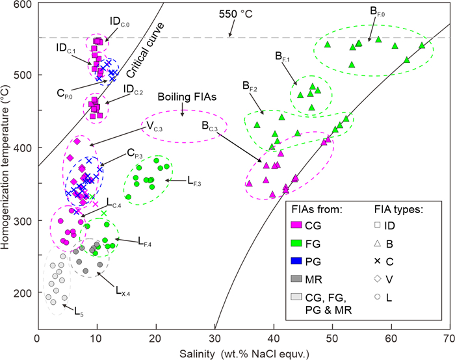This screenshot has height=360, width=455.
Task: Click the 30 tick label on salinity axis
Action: coord(215,339)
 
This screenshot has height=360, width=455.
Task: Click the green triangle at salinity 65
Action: coord(422,45)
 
